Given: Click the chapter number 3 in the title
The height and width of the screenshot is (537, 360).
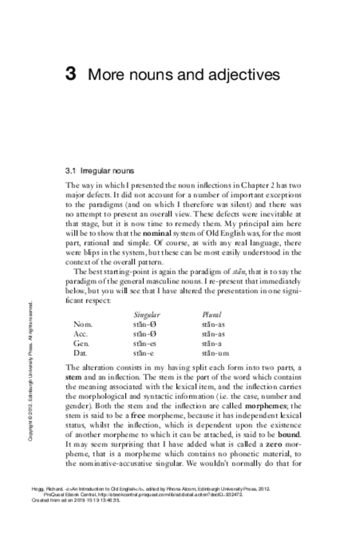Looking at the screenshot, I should point(71,75).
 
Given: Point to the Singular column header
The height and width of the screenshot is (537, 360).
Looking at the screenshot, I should point(147,315).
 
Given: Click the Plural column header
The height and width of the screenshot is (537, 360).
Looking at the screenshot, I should point(211,315).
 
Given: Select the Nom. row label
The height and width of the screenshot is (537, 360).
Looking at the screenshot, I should point(84,324).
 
